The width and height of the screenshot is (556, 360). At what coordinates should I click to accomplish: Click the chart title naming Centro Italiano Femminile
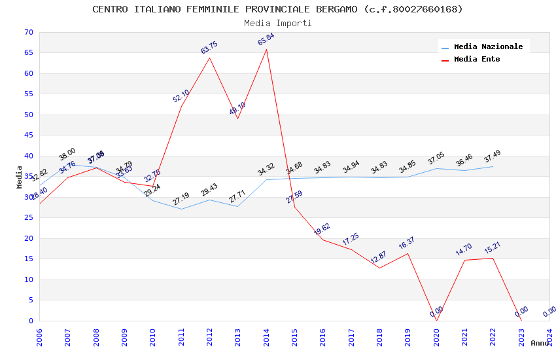[x=277, y=9]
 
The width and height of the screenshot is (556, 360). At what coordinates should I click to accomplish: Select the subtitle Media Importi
[x=277, y=23]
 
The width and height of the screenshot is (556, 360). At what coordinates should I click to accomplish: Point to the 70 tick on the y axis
[x=27, y=33]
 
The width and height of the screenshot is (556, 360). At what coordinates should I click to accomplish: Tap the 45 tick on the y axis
[x=27, y=135]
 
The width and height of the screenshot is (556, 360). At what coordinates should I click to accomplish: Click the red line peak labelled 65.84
[x=266, y=50]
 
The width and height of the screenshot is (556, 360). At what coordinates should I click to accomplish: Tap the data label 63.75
[x=209, y=48]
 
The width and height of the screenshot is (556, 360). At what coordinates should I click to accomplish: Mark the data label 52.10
[x=181, y=96]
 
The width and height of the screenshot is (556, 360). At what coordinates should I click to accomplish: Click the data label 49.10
[x=237, y=109]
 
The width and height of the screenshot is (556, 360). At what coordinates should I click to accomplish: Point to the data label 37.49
[x=493, y=157]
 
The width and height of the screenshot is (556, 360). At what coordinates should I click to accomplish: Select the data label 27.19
[x=181, y=199]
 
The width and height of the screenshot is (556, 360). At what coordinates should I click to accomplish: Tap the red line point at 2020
[x=436, y=320]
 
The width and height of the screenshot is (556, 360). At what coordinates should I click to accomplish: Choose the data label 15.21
[x=493, y=249]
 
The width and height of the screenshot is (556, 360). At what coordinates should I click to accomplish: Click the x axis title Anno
[x=540, y=343]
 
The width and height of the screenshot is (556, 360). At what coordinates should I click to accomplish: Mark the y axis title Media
[x=19, y=177]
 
